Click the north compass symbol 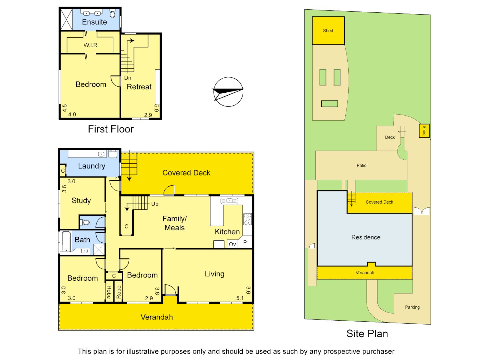pyautogui.click(x=228, y=92)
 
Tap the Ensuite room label pyautogui.click(x=94, y=22)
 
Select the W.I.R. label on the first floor pyautogui.click(x=91, y=45)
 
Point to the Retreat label pyautogui.click(x=139, y=87)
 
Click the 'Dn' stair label pyautogui.click(x=128, y=78)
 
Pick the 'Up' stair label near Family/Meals pyautogui.click(x=155, y=204)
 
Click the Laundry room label pyautogui.click(x=91, y=166)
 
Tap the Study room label pyautogui.click(x=81, y=200)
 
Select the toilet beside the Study pyautogui.click(x=86, y=222)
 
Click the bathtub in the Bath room pyautogui.click(x=66, y=241)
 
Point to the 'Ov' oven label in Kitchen pyautogui.click(x=232, y=244)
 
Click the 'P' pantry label pyautogui.click(x=245, y=243)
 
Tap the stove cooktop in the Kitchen pyautogui.click(x=247, y=219)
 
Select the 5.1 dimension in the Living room pyautogui.click(x=240, y=298)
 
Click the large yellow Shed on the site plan pyautogui.click(x=328, y=31)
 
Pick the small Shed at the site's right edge pyautogui.click(x=424, y=130)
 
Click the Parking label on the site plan pyautogui.click(x=412, y=307)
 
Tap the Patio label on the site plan pyautogui.click(x=361, y=165)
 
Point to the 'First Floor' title pyautogui.click(x=111, y=129)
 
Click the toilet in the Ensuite pyautogui.click(x=112, y=14)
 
